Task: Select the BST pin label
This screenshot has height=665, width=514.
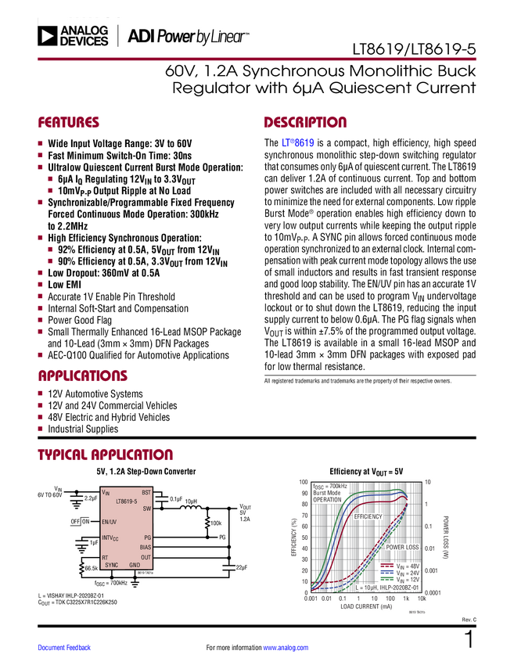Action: pyautogui.click(x=146, y=493)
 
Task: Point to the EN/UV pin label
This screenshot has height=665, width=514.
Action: pyautogui.click(x=109, y=521)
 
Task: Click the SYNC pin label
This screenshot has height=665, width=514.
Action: pyautogui.click(x=111, y=564)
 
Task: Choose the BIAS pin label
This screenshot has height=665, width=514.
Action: pyautogui.click(x=145, y=547)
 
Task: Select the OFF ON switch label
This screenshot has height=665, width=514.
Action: pyautogui.click(x=81, y=521)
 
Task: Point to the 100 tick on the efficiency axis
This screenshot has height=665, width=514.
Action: pyautogui.click(x=304, y=482)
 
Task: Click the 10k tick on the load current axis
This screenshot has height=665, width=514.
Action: pyautogui.click(x=421, y=598)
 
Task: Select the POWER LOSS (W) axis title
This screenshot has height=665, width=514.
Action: pyautogui.click(x=444, y=537)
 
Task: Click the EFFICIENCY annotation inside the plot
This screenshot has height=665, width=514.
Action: pyautogui.click(x=368, y=517)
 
